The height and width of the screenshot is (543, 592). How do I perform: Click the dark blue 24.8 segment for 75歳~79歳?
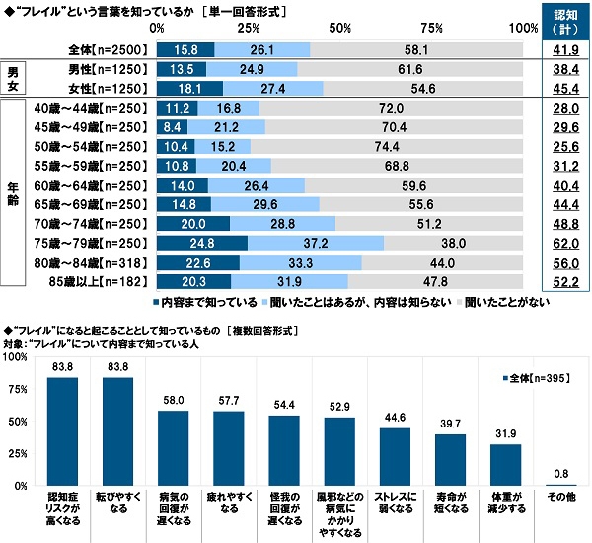point(201,242)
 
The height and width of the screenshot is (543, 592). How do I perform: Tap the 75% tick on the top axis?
point(430,27)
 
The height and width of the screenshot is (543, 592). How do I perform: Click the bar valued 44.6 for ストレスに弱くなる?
point(395,456)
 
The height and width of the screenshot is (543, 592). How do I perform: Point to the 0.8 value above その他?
point(560,476)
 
